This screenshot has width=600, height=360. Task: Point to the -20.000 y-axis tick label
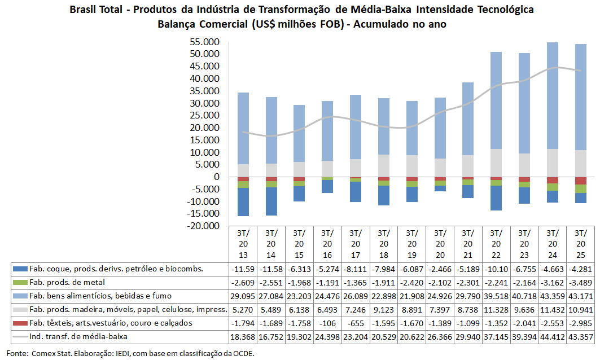203,226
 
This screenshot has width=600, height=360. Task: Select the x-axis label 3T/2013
243,243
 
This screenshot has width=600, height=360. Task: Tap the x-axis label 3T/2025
580,243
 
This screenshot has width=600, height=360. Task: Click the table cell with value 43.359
552,295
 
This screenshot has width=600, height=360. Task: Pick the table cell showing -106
327,323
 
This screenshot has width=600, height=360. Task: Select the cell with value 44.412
552,336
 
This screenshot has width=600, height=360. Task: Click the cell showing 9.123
383,309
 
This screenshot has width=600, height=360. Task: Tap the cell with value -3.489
580,282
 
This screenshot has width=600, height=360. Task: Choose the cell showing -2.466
440,268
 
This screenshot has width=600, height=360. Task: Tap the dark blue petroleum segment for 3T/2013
243,201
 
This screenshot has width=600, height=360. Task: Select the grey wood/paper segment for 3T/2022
496,163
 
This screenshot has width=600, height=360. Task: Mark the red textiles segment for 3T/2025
580,181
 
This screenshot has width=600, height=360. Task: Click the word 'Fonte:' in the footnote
16,353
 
